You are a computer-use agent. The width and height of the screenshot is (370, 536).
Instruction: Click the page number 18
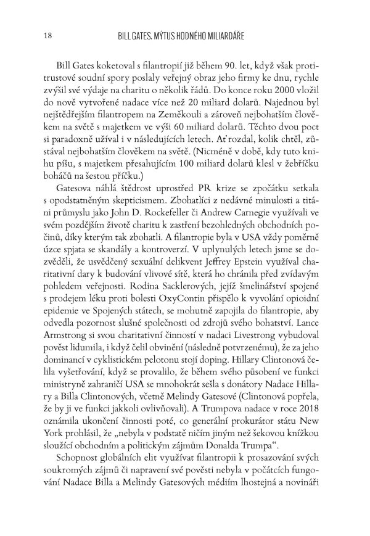point(41,36)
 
